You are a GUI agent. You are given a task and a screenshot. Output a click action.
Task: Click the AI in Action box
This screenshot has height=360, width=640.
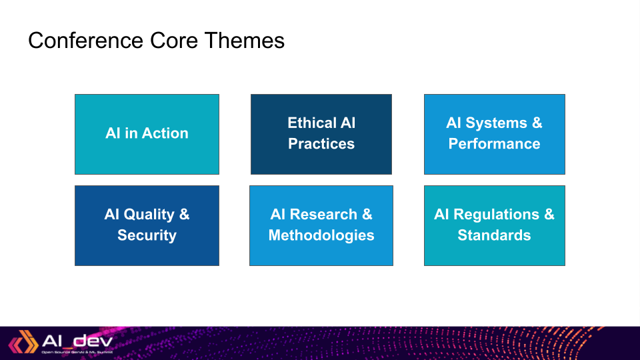click(x=147, y=134)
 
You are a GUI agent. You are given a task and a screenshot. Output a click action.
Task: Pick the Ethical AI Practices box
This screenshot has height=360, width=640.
click(x=321, y=134)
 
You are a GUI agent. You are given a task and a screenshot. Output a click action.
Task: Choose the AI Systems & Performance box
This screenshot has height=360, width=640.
click(x=494, y=134)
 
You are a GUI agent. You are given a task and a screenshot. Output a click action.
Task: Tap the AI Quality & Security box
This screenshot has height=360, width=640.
click(x=147, y=225)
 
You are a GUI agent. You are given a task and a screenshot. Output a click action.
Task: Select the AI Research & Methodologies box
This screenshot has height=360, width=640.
click(x=321, y=225)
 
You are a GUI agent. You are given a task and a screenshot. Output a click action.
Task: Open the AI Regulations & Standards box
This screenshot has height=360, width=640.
click(x=494, y=225)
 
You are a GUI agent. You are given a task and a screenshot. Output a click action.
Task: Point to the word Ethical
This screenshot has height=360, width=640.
click(x=312, y=123)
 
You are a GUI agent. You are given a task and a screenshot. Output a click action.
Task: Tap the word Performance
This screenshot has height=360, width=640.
click(x=494, y=144)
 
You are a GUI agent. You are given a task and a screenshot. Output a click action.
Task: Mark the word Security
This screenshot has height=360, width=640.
click(x=147, y=235)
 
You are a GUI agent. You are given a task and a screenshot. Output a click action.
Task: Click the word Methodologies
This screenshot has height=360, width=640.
click(x=321, y=235)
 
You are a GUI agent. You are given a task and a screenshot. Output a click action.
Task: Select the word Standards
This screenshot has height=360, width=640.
click(x=494, y=235)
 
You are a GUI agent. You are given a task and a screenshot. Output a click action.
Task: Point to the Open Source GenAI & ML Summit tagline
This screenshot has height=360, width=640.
click(x=77, y=352)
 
